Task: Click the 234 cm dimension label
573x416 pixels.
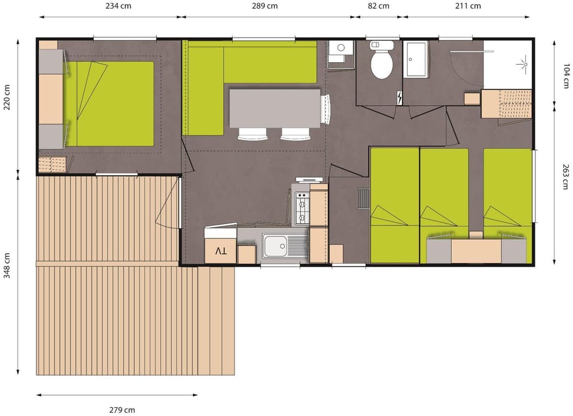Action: (118, 6)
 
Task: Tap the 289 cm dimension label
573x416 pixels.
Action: (264, 6)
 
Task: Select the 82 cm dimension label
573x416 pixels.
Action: (378, 6)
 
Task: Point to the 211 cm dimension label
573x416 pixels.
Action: (468, 6)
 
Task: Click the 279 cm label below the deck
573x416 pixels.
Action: (122, 410)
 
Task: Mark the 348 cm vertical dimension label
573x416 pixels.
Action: (7, 265)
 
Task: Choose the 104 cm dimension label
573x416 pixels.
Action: (566, 76)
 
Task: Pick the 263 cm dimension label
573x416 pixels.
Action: (566, 176)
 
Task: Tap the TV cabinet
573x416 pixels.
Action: (220, 251)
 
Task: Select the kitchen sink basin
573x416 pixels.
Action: (276, 246)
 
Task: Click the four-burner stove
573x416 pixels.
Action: (302, 209)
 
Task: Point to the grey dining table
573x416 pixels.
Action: (275, 108)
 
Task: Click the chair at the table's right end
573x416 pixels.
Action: (326, 109)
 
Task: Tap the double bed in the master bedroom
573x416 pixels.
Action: (110, 103)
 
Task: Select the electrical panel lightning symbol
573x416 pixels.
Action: (400, 97)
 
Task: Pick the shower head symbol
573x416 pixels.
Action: (525, 65)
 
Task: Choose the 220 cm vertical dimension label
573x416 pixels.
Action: (7, 97)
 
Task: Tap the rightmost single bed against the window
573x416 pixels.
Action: (507, 206)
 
